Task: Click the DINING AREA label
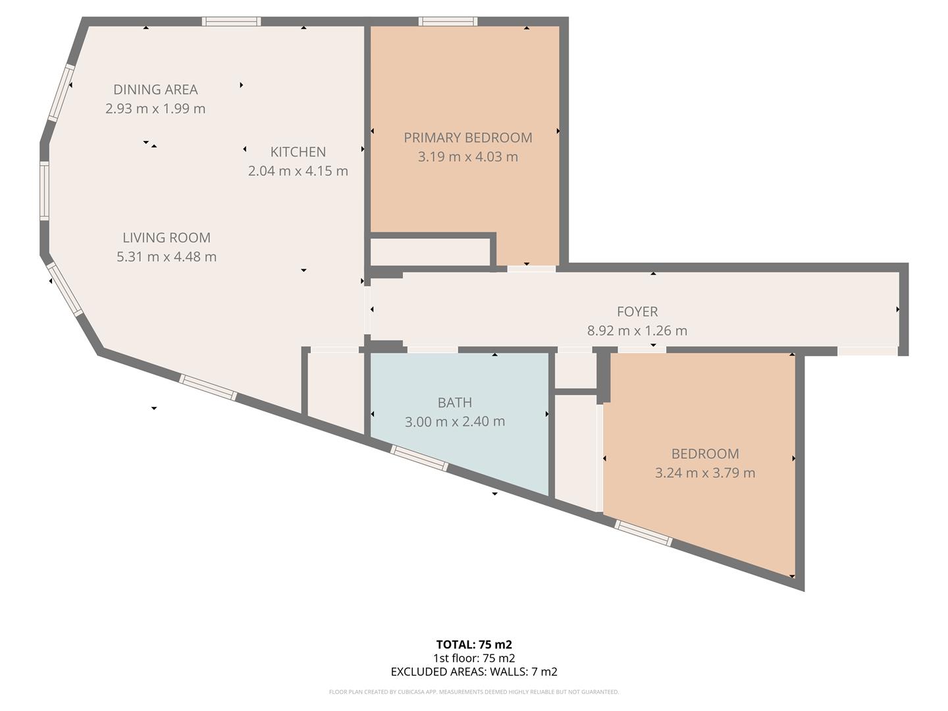pos(155,90)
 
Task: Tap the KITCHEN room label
pos(298,152)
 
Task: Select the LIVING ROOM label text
pos(167,238)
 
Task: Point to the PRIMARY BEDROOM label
pos(467,138)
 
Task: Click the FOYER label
pos(637,311)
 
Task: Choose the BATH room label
pos(454,402)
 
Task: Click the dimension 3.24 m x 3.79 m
pos(705,473)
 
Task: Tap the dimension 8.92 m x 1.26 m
pos(637,330)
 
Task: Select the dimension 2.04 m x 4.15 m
pos(298,171)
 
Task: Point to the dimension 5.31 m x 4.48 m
pos(167,257)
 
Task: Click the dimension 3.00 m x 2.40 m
pos(454,421)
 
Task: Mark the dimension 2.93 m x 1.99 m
pos(155,109)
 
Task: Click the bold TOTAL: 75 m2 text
pos(474,645)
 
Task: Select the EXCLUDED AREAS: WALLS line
pos(474,672)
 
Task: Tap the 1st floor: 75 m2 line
pos(474,658)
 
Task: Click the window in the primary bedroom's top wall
pos(448,22)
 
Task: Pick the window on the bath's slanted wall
pos(419,458)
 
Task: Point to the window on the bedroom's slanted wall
pos(644,533)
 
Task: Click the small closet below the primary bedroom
pos(430,251)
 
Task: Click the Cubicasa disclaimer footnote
pos(474,692)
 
